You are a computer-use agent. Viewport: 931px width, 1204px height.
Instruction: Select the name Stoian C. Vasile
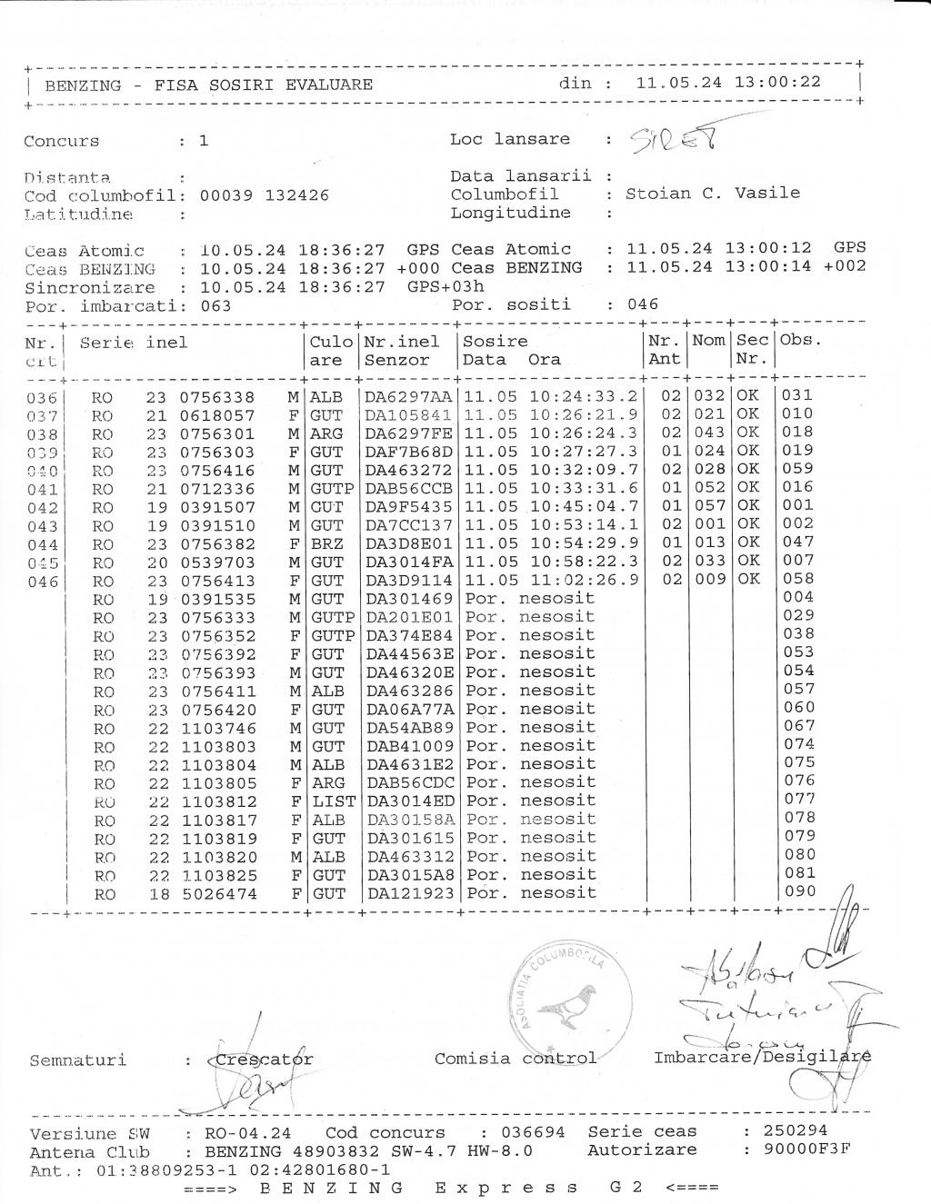point(713,193)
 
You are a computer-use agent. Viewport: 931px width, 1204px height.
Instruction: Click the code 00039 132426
point(264,195)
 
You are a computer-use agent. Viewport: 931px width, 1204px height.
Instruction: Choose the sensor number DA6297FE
point(408,433)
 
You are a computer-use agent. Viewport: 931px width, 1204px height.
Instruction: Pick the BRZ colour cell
point(326,543)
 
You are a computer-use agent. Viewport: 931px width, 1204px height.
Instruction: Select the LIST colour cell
point(333,801)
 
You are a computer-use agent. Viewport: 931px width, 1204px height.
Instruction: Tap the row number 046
point(42,582)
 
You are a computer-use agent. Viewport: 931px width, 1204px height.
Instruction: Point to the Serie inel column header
point(134,343)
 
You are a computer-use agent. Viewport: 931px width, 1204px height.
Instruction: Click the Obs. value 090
point(800,891)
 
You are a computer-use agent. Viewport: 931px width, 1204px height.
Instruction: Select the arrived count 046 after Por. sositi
point(643,304)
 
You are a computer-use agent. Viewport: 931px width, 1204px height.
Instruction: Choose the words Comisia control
point(516,1058)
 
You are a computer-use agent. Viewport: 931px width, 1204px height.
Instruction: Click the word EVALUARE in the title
point(328,85)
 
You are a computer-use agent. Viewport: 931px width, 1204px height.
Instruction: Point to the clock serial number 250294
point(796,1131)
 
